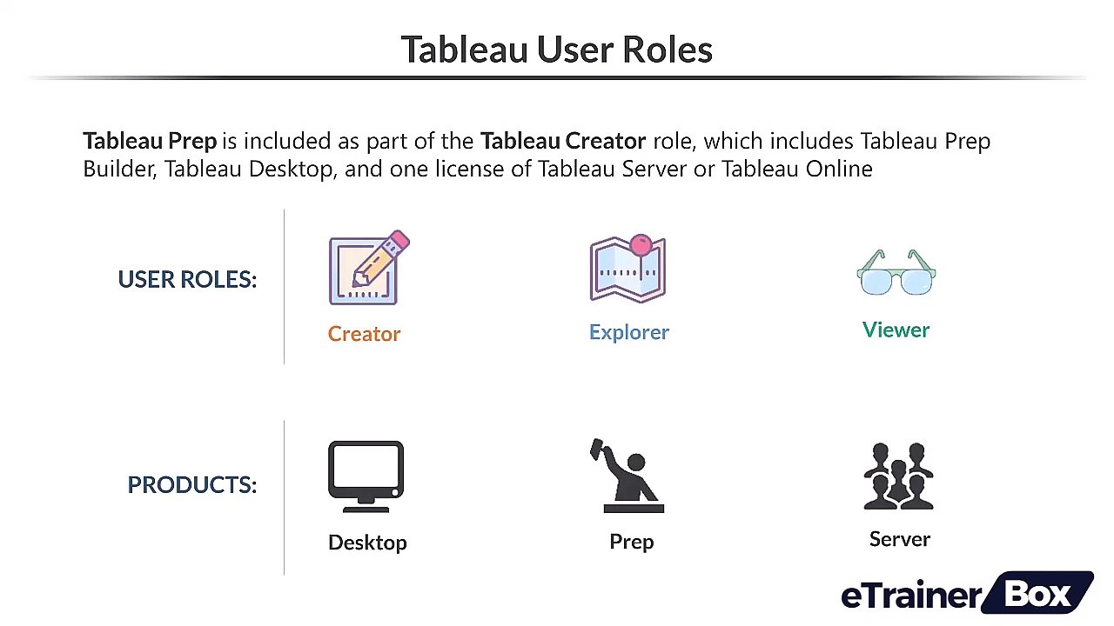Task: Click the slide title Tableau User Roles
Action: pyautogui.click(x=556, y=50)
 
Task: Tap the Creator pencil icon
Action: pyautogui.click(x=367, y=270)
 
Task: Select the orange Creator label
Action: pyautogui.click(x=364, y=334)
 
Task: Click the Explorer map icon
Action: pyautogui.click(x=627, y=269)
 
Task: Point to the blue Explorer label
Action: pyautogui.click(x=628, y=332)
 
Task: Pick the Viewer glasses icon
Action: pyautogui.click(x=896, y=273)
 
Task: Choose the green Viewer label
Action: pyautogui.click(x=896, y=330)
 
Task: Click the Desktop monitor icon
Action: pyautogui.click(x=366, y=476)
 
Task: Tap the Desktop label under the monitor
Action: pyautogui.click(x=367, y=543)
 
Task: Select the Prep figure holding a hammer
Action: pyautogui.click(x=628, y=476)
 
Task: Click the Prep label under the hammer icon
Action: pyautogui.click(x=631, y=542)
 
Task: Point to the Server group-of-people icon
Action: pyautogui.click(x=898, y=476)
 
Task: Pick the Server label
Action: pyautogui.click(x=899, y=539)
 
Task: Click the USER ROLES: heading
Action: pyautogui.click(x=187, y=279)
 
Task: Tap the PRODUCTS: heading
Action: pyautogui.click(x=191, y=484)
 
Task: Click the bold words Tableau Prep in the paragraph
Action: pyautogui.click(x=150, y=141)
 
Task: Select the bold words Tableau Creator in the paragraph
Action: pyautogui.click(x=562, y=141)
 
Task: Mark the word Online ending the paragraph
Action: pyautogui.click(x=838, y=169)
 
